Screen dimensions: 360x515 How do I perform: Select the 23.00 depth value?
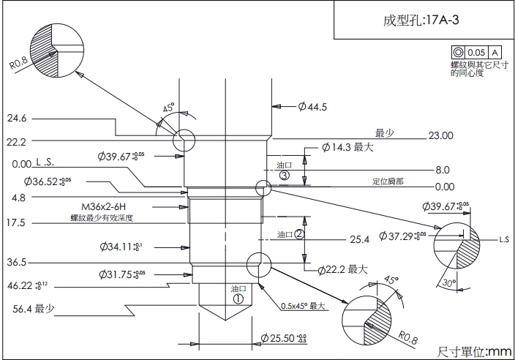pos(441,135)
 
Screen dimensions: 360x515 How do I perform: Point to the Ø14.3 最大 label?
pos(348,147)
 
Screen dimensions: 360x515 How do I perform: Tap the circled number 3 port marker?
pos(285,176)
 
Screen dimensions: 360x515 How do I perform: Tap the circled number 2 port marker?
pos(298,234)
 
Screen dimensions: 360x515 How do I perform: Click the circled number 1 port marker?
pos(238,299)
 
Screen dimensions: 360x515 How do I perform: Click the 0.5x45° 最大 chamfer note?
pos(302,306)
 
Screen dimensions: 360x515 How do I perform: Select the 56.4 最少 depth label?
pos(34,309)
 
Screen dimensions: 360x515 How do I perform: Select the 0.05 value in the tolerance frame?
pos(476,53)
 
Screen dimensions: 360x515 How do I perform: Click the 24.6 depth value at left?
pos(17,118)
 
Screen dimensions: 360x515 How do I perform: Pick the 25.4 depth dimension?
pos(359,239)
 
